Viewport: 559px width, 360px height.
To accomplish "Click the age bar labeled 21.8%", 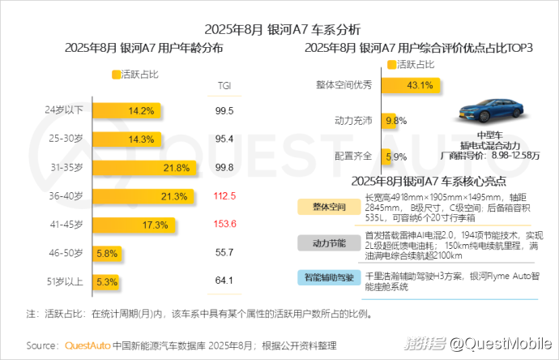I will click(143, 168).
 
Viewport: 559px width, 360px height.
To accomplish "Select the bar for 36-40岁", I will click(143, 196).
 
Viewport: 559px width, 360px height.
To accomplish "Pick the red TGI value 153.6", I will click(224, 225).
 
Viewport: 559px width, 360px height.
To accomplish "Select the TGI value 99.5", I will click(224, 110).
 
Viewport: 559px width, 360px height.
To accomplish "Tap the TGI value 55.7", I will click(224, 253).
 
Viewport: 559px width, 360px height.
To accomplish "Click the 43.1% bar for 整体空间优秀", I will click(414, 84).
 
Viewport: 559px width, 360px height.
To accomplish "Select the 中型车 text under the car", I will click(490, 135).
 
